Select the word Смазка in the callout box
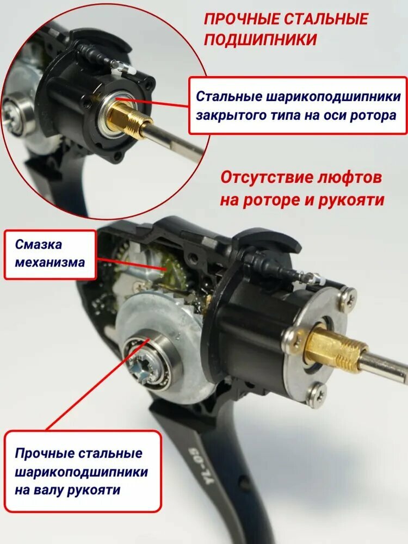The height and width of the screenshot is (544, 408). point(39,244)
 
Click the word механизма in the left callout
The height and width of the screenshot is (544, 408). point(50,262)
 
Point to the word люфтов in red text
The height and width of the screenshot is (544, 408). point(350,178)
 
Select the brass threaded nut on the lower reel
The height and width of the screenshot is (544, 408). point(337,351)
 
